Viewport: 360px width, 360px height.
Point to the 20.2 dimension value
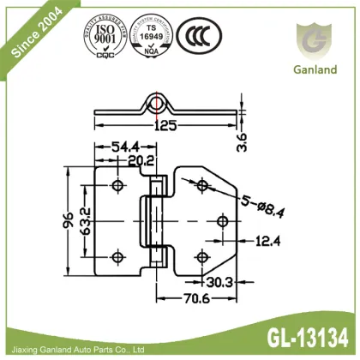[x=141, y=159]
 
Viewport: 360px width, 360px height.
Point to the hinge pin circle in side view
[x=158, y=105]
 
